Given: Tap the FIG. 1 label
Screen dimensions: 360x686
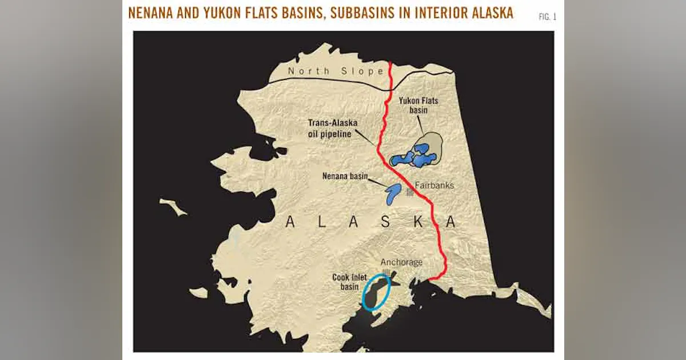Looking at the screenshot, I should point(547,17).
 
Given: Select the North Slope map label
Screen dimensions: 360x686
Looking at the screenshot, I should point(336,71).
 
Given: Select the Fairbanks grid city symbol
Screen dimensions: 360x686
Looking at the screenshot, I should point(409,193).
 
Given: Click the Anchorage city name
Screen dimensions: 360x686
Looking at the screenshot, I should point(402,262).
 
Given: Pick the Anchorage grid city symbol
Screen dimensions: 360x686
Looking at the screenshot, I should point(387,273).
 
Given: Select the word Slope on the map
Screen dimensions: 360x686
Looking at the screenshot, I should point(368,71).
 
